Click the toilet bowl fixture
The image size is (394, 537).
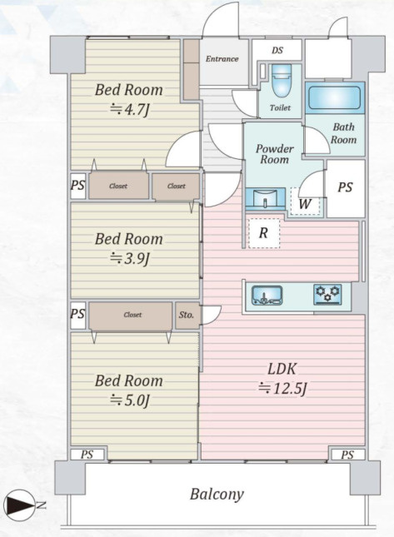pos(282,81)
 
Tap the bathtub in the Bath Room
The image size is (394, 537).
pos(335,97)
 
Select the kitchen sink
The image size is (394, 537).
pos(267,296)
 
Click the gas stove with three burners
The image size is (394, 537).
pos(327,295)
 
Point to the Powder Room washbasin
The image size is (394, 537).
pos(266,199)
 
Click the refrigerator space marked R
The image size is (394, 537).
pos(263,233)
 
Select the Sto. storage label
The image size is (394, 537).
pos(186,315)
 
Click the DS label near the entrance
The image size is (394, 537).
pos(277,50)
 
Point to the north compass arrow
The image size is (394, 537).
pos(19,505)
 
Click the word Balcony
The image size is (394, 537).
pos(217,495)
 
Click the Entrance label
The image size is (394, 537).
pos(222,59)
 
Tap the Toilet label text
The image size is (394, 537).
pos(280,108)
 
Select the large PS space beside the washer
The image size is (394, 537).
pos(346,188)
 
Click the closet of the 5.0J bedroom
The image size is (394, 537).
pos(131,316)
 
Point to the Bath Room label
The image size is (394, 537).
pos(344,133)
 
